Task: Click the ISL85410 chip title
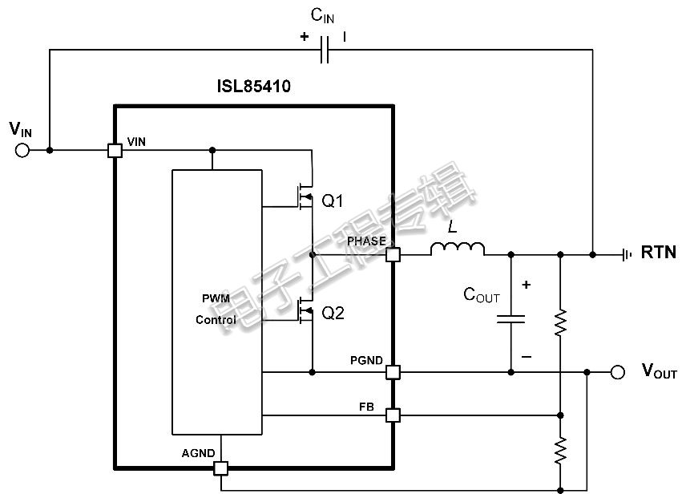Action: click(x=254, y=86)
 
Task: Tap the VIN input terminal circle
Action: click(x=22, y=151)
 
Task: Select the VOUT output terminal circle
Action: click(x=617, y=372)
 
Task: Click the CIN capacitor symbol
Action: click(x=325, y=50)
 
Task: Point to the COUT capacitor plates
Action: click(x=510, y=319)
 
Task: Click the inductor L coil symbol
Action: click(x=458, y=249)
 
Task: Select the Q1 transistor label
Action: click(x=333, y=201)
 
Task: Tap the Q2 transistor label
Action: click(x=333, y=313)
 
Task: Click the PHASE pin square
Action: click(x=393, y=254)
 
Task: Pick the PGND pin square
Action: click(x=393, y=372)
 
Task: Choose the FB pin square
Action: click(x=393, y=415)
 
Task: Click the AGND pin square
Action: click(x=221, y=468)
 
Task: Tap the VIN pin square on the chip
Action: click(x=115, y=151)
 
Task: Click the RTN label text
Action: click(x=659, y=253)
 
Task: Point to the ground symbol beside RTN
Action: click(x=627, y=254)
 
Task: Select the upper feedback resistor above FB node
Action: click(x=560, y=323)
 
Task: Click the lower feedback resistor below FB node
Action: click(x=560, y=451)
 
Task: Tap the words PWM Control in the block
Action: click(x=216, y=310)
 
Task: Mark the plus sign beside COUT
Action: click(x=527, y=285)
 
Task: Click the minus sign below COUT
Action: click(x=527, y=357)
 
